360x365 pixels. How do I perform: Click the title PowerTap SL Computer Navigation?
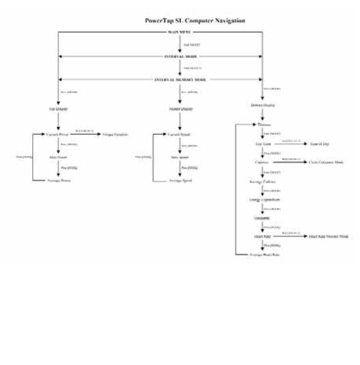[195, 21]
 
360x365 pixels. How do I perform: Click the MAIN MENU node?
[180, 33]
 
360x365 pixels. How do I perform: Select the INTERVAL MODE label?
[180, 56]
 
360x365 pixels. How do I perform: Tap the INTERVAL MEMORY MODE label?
[180, 79]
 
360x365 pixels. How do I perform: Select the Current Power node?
[58, 134]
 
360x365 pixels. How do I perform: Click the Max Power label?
[58, 157]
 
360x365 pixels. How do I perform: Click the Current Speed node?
[180, 134]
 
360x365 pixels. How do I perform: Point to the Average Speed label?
[180, 180]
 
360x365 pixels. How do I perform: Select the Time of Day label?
[319, 144]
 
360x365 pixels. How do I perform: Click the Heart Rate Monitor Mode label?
[329, 236]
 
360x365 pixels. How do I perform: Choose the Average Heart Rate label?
[262, 255]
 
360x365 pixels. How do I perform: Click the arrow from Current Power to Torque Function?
[85, 134]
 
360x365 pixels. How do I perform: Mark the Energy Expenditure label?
[262, 199]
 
